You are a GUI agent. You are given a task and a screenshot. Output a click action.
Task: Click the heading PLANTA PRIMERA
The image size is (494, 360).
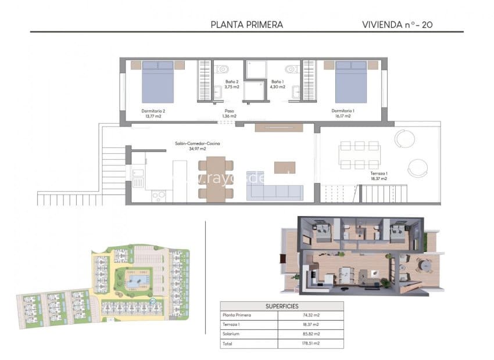(246, 24)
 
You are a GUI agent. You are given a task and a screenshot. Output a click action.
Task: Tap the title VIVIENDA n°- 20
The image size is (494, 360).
(397, 24)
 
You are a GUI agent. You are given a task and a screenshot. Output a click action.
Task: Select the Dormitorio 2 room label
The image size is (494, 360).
(153, 113)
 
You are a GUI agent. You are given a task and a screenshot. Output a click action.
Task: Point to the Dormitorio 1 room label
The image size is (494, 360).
(343, 113)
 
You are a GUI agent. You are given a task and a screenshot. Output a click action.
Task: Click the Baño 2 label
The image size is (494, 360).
(231, 85)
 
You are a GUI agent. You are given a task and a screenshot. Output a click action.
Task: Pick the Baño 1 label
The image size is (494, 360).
(277, 85)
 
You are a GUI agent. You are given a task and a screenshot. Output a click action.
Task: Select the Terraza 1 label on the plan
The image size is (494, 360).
(378, 176)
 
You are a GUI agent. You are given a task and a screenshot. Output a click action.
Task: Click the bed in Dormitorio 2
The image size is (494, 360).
(158, 81)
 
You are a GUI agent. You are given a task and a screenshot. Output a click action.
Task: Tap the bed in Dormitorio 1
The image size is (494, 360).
(351, 81)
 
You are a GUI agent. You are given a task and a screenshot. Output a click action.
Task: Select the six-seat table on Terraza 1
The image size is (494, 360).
(360, 155)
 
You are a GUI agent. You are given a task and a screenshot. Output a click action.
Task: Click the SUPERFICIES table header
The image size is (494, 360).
(282, 305)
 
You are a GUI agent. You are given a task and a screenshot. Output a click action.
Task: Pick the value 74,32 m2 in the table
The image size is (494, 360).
(311, 315)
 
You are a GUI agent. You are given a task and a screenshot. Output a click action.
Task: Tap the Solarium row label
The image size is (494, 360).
(232, 334)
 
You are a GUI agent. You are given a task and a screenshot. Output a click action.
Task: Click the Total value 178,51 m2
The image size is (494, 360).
(311, 343)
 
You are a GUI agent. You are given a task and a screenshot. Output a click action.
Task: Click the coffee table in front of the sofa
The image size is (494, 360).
(285, 168)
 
